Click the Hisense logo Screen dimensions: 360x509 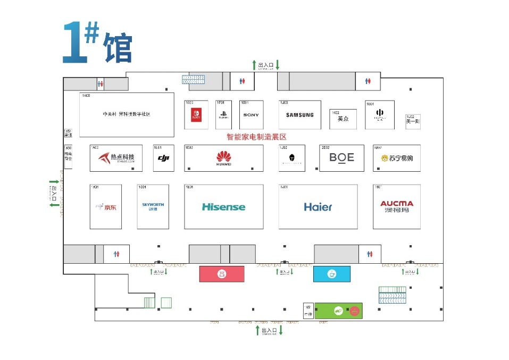click(223, 207)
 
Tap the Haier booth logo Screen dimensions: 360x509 click(318, 207)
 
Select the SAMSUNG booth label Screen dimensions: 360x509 click(300, 115)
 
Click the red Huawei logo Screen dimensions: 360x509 click(224, 157)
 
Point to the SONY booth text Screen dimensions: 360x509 click(251, 115)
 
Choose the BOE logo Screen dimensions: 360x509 click(341, 157)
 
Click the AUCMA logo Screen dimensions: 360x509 click(397, 206)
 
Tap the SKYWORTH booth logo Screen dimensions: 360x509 click(153, 206)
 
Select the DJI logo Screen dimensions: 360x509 click(163, 158)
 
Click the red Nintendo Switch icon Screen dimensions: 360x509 click(196, 114)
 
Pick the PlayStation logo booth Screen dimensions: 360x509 click(223, 114)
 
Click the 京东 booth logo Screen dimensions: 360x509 click(106, 207)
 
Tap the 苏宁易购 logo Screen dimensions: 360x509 click(397, 158)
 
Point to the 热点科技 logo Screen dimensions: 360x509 click(116, 158)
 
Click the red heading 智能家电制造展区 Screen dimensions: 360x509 click(257, 137)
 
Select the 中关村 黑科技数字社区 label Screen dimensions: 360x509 click(127, 114)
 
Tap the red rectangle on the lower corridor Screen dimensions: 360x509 click(222, 274)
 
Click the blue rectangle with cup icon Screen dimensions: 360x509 click(332, 274)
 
